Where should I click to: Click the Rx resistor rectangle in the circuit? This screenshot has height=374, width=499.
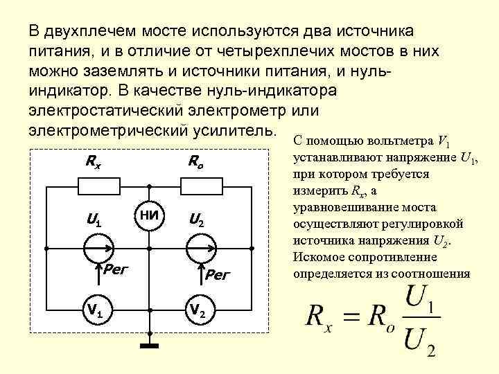(x=97, y=186)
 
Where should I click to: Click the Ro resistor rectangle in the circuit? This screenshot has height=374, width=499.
(x=198, y=186)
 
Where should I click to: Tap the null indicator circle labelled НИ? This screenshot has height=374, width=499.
(x=148, y=215)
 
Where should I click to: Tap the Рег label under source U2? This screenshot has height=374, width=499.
(x=218, y=276)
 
